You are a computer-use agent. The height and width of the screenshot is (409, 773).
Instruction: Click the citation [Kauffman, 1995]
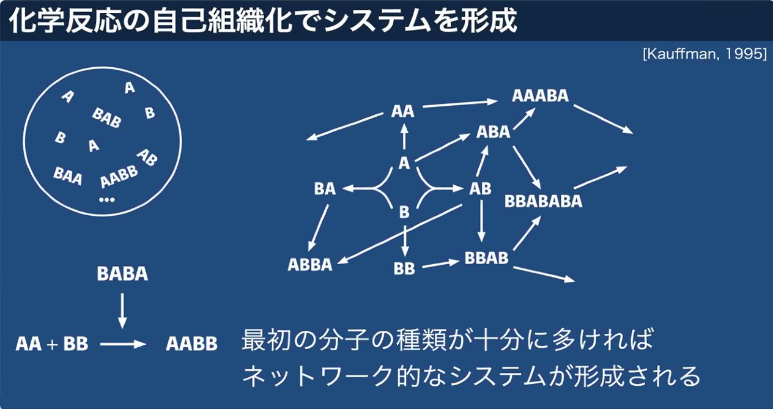pos(705,54)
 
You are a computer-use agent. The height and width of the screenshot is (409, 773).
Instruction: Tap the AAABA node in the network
pos(540,95)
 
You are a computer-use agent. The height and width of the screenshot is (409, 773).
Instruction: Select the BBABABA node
pos(543,201)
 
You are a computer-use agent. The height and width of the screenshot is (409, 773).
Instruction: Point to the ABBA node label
pos(310,265)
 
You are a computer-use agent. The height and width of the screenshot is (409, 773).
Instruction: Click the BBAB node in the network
pos(486,257)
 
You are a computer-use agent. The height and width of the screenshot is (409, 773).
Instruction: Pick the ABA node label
pos(493,131)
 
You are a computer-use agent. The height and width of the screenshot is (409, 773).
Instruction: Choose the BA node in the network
pos(325,189)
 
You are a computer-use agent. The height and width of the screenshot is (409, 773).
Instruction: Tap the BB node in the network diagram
pos(404,268)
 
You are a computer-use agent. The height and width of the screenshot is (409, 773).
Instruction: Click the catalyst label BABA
pos(122,274)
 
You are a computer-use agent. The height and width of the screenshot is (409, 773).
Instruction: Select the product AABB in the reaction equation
pos(192,344)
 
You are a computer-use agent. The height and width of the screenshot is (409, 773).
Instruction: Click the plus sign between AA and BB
pos(53,344)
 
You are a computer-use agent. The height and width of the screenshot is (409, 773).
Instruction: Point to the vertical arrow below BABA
pos(122,311)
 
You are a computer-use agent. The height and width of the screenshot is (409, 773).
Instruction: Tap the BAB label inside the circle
pos(106,117)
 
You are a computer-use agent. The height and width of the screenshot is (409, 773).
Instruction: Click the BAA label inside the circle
pos(68,176)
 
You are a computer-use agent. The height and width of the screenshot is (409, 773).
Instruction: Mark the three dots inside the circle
pos(106,200)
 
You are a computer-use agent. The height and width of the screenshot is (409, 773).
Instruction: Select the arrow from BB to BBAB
pos(441,264)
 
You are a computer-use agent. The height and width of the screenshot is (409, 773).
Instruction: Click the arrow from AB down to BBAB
pos(481,221)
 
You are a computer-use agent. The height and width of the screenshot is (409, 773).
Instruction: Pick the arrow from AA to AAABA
pos(460,104)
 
